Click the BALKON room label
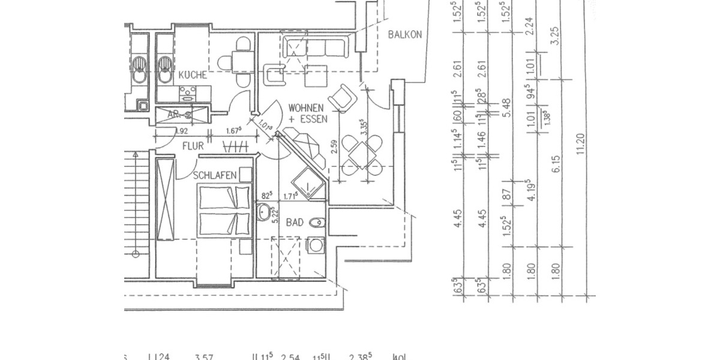pos(405,35)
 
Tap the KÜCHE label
pos(193,76)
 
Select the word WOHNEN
pos(308,108)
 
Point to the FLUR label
pos(192,146)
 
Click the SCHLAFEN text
pos(214,175)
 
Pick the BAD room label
pos(295,223)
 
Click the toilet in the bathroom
pos(316,223)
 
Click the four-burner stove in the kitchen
pos(188,93)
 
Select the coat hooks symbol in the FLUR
pos(234,146)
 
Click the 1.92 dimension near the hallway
pos(182,131)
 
